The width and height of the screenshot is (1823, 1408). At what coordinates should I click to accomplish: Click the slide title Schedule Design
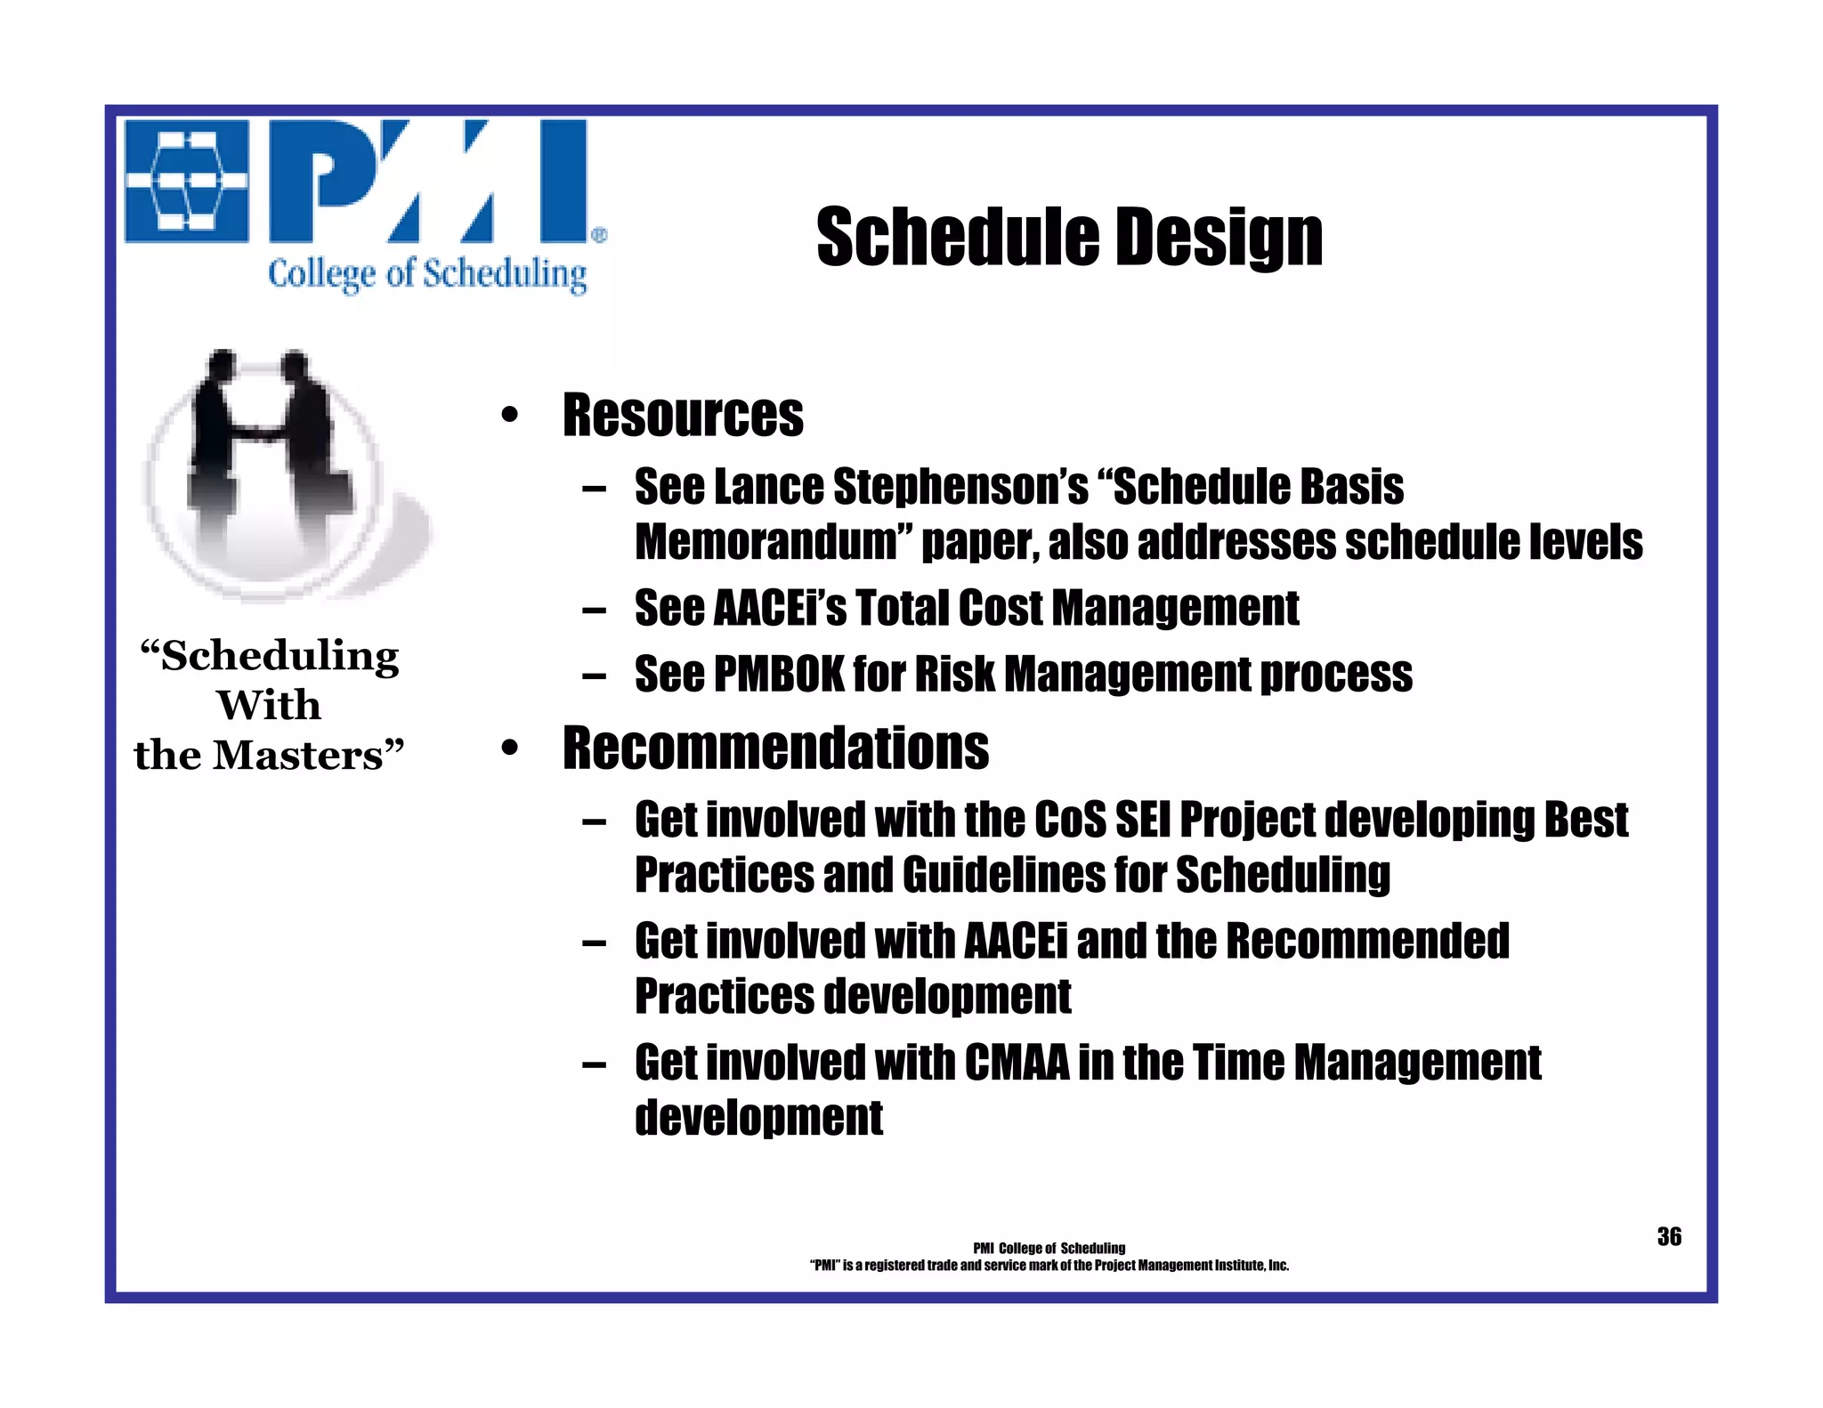click(x=1069, y=237)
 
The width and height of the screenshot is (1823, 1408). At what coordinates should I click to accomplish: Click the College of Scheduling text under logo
click(x=427, y=274)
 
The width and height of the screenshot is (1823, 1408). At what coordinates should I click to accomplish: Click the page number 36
click(x=1669, y=1236)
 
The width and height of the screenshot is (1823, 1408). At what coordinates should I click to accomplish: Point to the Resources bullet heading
click(x=683, y=416)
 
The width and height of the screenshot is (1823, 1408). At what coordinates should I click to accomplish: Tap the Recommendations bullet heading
click(x=775, y=748)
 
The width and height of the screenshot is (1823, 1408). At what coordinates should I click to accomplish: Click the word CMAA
click(x=1017, y=1063)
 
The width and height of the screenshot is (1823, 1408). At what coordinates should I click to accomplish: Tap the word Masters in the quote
click(x=302, y=756)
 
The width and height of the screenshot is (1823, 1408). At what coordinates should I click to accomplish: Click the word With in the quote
click(x=269, y=706)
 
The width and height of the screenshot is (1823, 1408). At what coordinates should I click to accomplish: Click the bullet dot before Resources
click(x=509, y=416)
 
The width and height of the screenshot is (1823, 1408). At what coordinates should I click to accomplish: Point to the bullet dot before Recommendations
click(x=509, y=748)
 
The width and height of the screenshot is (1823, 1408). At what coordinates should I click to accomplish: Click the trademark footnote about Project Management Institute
click(x=1049, y=1266)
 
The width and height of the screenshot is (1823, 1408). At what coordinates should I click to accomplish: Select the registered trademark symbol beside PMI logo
click(x=599, y=235)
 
